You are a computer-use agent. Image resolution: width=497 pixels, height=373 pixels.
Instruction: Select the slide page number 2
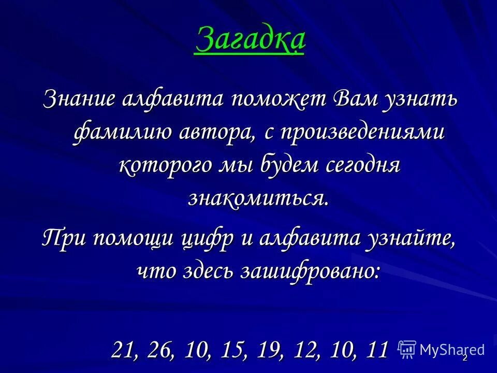pyautogui.click(x=465, y=357)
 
